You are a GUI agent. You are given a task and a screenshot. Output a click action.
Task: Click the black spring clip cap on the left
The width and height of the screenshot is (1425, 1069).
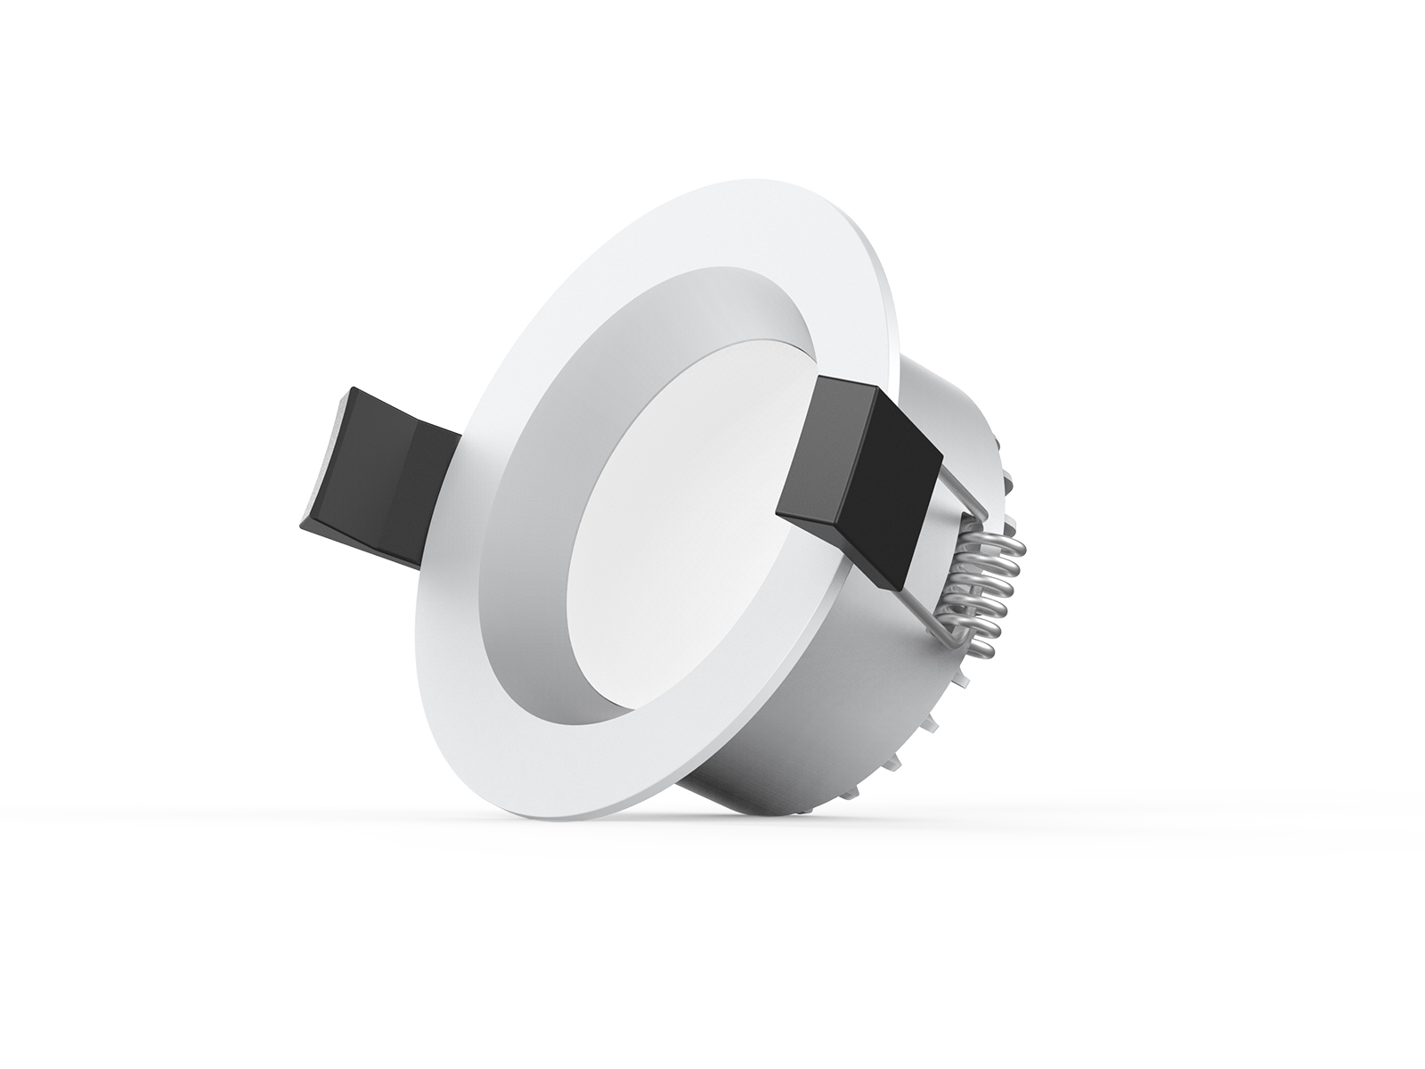tap(374, 481)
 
